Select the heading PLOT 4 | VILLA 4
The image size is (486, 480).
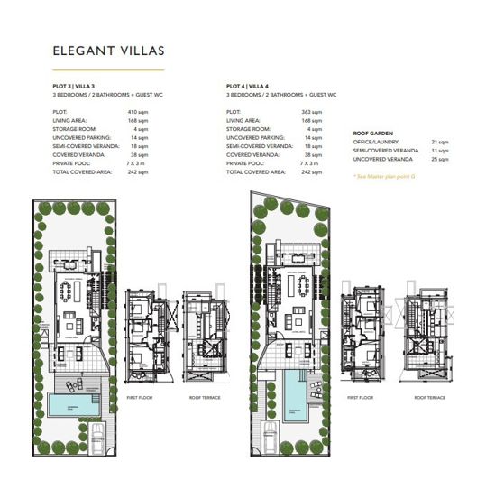pyautogui.click(x=250, y=87)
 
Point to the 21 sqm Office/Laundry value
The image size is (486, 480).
pyautogui.click(x=440, y=142)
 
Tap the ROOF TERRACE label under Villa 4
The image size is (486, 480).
pyautogui.click(x=429, y=397)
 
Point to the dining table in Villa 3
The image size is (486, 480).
pyautogui.click(x=69, y=291)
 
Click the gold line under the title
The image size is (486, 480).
pyautogui.click(x=108, y=69)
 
